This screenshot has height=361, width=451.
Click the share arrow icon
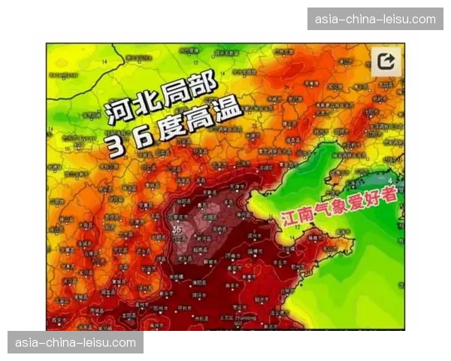coord(386,62)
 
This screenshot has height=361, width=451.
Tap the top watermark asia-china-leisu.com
coord(375,18)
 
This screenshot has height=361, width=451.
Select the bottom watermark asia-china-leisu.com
coord(75,342)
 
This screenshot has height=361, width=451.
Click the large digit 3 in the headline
coord(115,146)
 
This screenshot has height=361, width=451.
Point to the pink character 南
coord(305,214)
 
